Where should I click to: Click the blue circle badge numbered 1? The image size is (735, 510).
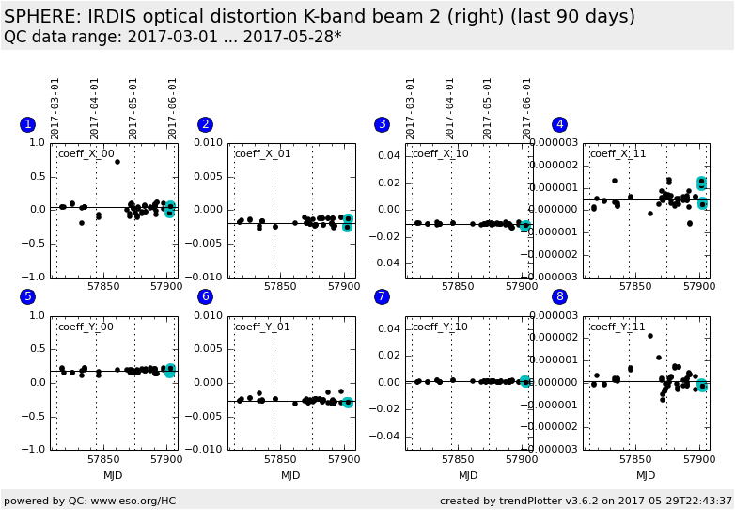click(x=28, y=124)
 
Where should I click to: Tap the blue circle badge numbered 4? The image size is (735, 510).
click(x=560, y=124)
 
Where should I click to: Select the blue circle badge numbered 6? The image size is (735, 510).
click(x=206, y=297)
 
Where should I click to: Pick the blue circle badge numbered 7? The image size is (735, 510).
click(x=383, y=297)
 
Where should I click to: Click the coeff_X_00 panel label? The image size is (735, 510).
click(x=86, y=154)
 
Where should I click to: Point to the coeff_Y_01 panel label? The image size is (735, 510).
click(x=263, y=327)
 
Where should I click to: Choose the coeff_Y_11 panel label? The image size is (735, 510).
click(x=618, y=327)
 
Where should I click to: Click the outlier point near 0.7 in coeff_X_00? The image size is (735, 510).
click(x=117, y=162)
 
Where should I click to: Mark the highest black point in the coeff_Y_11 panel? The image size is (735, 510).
click(x=649, y=336)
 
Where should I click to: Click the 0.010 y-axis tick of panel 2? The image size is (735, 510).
click(x=209, y=143)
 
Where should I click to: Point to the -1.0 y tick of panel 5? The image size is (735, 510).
click(x=35, y=450)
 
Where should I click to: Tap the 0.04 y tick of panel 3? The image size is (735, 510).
click(x=389, y=156)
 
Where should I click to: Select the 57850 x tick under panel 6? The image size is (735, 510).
click(x=280, y=459)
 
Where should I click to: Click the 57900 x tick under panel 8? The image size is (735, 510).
click(x=698, y=459)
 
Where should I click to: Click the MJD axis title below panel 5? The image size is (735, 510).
click(x=113, y=476)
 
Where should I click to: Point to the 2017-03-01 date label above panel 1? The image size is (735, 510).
click(x=55, y=108)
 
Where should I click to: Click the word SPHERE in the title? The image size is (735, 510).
click(x=41, y=17)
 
